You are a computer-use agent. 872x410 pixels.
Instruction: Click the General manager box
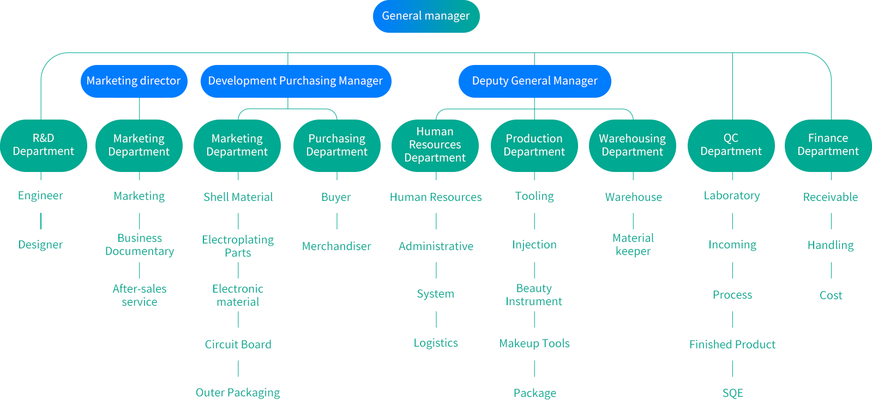[426, 16]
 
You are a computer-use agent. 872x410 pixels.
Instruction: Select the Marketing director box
[134, 81]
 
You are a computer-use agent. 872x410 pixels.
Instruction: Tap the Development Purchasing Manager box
[296, 81]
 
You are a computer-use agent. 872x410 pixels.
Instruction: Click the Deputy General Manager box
[534, 81]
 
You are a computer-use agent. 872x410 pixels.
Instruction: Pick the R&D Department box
[44, 145]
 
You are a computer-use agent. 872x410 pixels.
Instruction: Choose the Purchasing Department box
[336, 145]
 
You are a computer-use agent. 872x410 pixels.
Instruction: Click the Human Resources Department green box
[435, 145]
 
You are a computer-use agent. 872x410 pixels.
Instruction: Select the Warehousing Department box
[632, 145]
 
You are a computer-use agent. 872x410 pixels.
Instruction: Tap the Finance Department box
[828, 145]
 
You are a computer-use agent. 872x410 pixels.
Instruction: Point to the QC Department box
[731, 145]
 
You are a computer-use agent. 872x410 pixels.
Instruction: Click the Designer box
[41, 245]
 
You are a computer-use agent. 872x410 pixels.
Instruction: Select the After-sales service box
[140, 295]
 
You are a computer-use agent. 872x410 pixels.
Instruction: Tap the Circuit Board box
[238, 344]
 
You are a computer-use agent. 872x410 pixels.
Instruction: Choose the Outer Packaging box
[238, 393]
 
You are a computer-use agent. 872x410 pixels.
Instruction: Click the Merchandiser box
[336, 246]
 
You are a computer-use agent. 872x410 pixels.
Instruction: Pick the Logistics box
[436, 343]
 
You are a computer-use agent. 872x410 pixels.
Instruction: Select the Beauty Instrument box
[534, 295]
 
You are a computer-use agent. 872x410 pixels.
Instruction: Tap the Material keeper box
[633, 245]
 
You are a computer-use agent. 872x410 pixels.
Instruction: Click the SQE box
[732, 393]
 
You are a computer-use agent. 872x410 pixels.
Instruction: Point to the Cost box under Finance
[831, 295]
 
